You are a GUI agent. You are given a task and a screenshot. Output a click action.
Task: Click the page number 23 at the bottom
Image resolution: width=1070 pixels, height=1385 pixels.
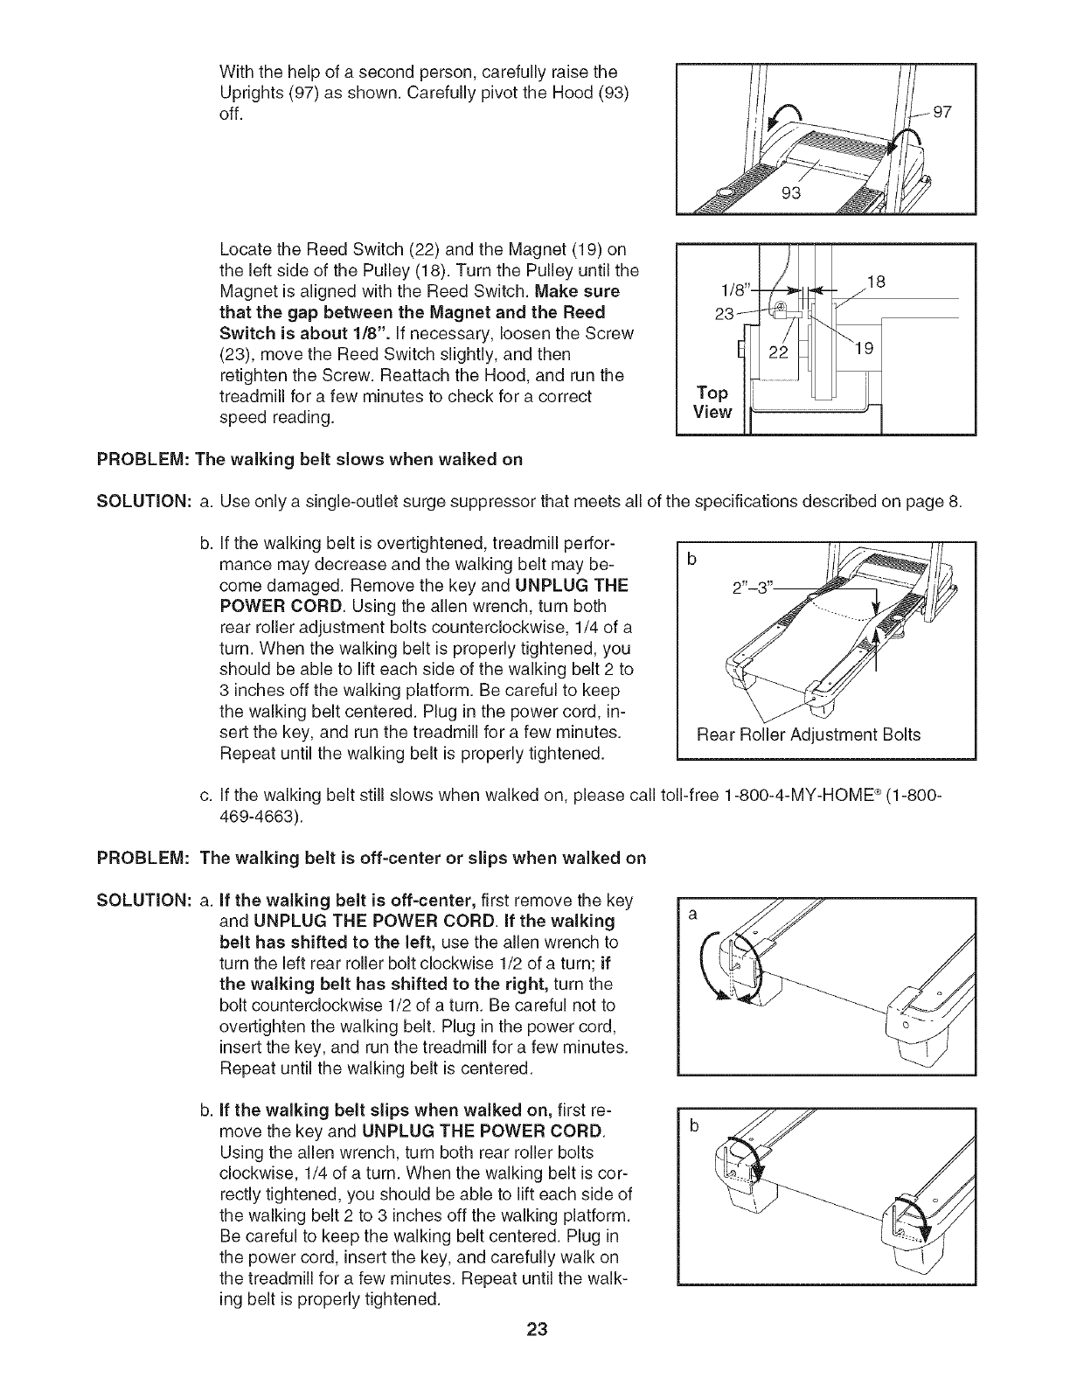tap(536, 1355)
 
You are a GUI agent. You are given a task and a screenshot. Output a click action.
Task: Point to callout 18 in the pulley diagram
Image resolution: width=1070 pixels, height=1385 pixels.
tap(873, 281)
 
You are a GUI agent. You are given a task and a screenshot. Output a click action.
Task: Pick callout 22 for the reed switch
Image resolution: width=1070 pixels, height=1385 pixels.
tap(778, 352)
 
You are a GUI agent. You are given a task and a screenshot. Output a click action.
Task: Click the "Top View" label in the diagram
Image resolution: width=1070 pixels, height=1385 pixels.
tap(712, 402)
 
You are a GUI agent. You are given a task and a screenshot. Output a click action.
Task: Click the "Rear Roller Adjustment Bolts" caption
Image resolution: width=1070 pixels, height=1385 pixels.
tap(808, 734)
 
